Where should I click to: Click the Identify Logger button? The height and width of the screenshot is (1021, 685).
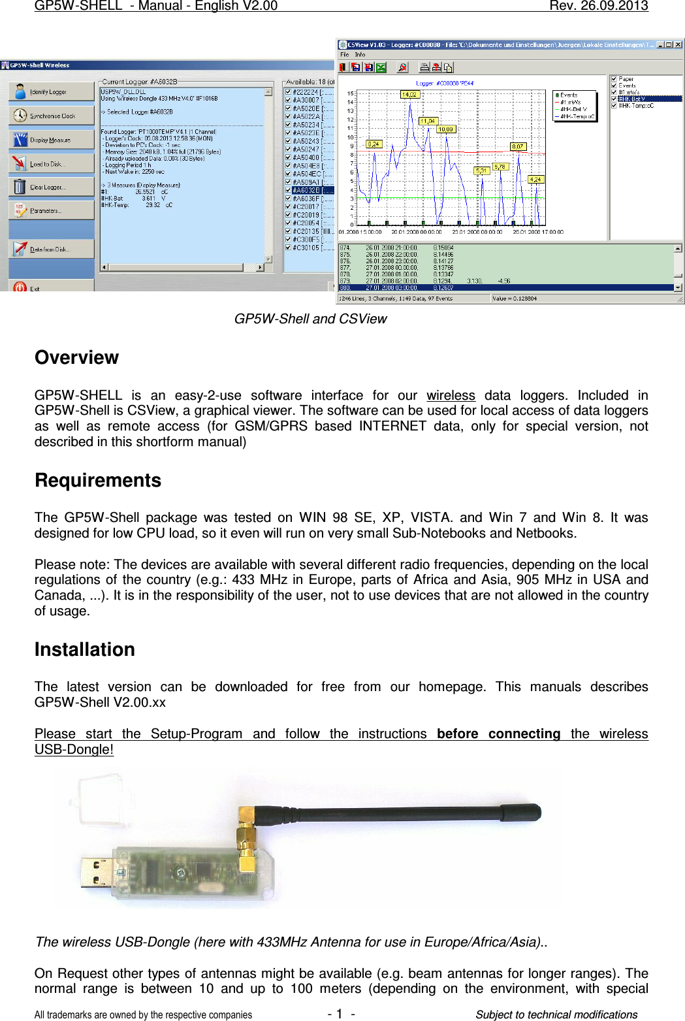(x=51, y=92)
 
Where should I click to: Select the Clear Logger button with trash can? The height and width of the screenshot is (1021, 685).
(x=51, y=187)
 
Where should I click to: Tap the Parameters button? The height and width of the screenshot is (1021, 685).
(x=51, y=211)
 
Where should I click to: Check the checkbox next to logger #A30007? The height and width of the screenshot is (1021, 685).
(x=289, y=101)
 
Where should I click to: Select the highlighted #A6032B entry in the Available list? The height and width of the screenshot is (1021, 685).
(x=310, y=191)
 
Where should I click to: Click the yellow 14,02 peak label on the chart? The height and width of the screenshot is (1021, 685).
(x=409, y=95)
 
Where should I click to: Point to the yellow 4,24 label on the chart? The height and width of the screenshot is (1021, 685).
(x=535, y=180)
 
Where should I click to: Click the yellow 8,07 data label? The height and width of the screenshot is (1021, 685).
(x=517, y=147)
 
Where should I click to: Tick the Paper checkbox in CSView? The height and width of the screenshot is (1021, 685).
(x=614, y=79)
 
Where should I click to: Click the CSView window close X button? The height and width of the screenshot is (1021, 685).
(x=678, y=45)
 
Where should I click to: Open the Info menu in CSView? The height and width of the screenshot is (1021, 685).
(x=360, y=55)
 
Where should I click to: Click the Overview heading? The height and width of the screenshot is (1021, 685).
(x=76, y=358)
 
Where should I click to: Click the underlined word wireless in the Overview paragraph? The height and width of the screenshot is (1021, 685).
(x=451, y=396)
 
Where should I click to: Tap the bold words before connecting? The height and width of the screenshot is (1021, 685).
(x=498, y=734)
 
